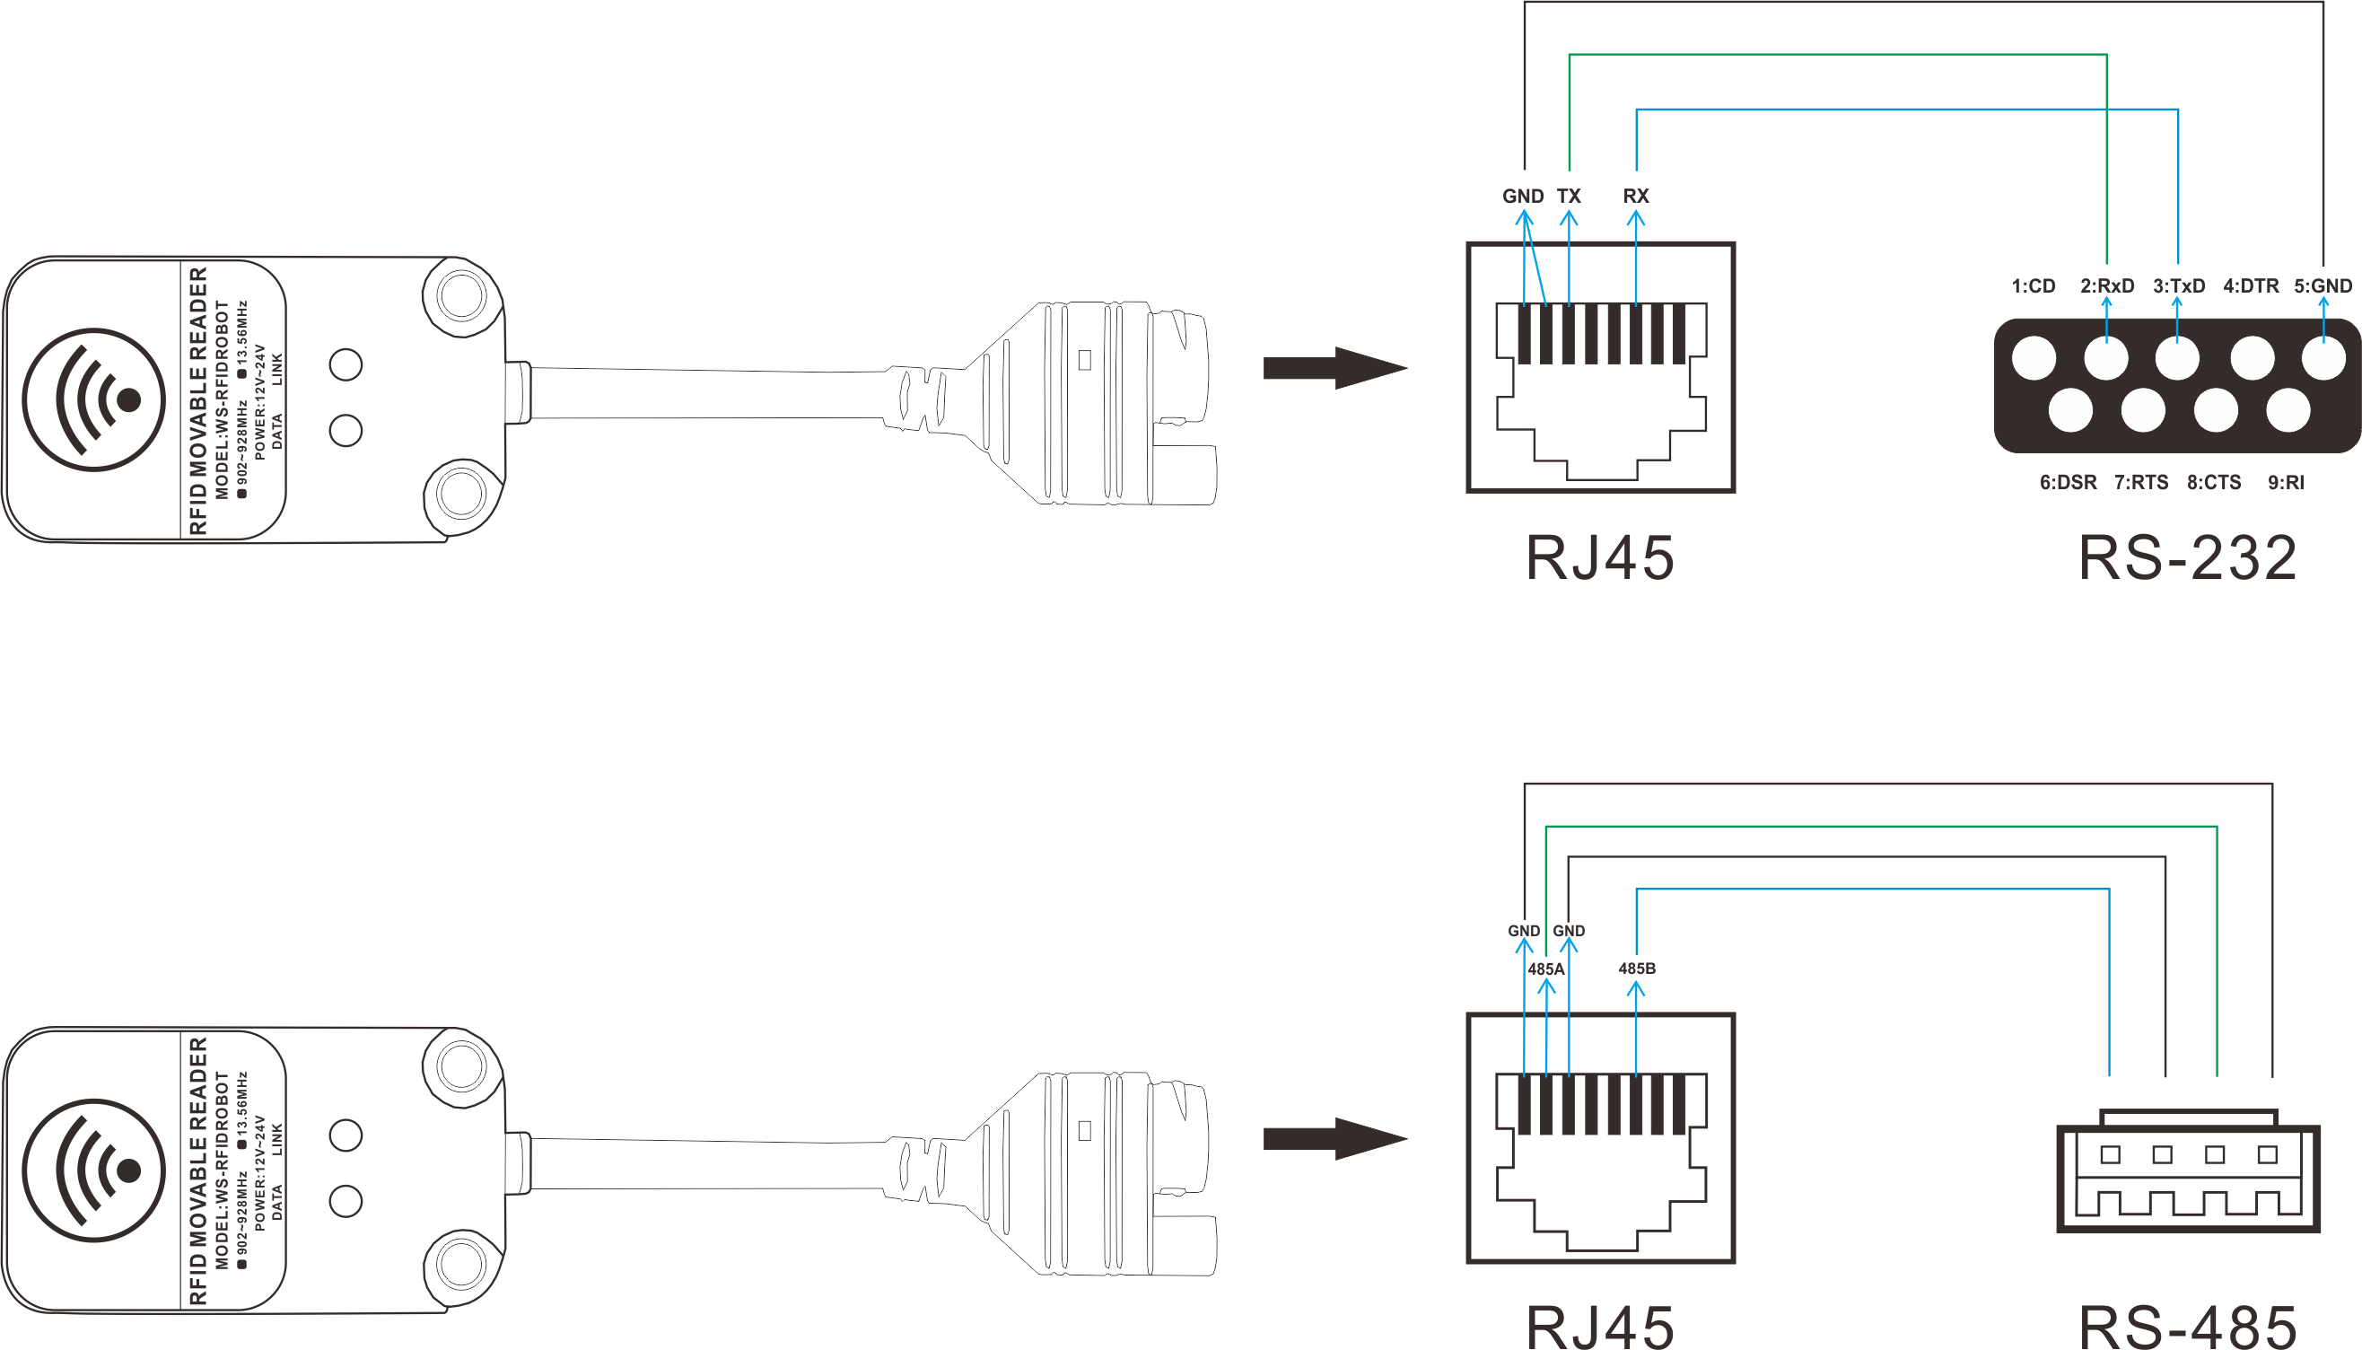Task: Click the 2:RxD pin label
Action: tap(2106, 285)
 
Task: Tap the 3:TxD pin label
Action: tap(2178, 285)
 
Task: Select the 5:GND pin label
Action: tap(2323, 285)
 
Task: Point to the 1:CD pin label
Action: tap(2033, 285)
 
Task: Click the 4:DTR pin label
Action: tap(2251, 285)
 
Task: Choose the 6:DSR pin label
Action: tap(2069, 482)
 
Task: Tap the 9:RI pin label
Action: tap(2285, 482)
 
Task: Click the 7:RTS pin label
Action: tap(2141, 482)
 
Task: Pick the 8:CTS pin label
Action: tap(2214, 482)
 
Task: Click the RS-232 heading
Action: tap(2188, 558)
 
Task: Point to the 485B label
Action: tap(1636, 968)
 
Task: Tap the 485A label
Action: tap(1545, 969)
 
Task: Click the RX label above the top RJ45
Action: tap(1636, 196)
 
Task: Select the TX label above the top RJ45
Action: tap(1569, 196)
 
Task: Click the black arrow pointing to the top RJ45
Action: tap(1334, 368)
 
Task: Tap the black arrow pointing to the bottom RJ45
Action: tap(1334, 1138)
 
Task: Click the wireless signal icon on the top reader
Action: tap(93, 399)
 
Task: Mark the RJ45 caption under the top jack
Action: tap(1600, 558)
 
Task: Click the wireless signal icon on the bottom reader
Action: tap(93, 1170)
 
